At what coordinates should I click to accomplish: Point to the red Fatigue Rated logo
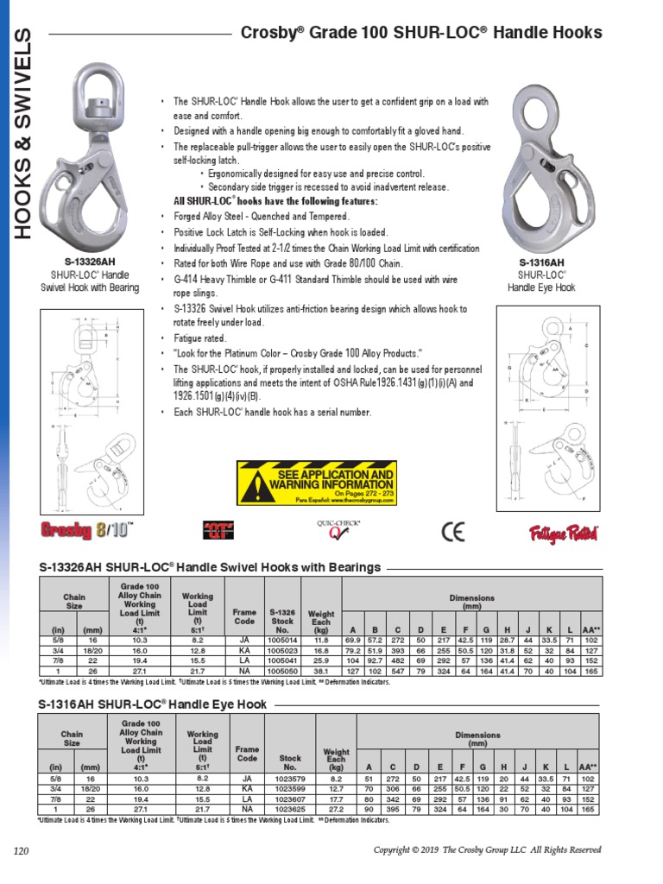[564, 533]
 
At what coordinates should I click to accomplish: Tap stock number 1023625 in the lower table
[290, 810]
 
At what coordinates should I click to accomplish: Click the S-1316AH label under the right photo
[541, 262]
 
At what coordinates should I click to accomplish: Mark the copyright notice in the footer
[486, 850]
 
